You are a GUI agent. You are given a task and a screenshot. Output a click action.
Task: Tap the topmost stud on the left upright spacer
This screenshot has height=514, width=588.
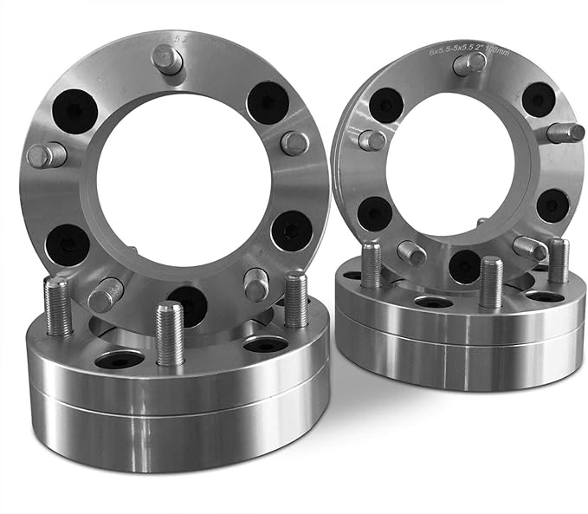(166, 59)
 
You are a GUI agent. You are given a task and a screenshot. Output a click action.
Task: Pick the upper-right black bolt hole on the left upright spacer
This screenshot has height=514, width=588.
(268, 103)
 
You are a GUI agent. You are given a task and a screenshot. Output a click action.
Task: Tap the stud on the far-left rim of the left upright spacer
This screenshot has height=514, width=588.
(46, 156)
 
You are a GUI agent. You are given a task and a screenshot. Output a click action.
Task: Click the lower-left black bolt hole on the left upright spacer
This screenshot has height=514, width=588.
(68, 244)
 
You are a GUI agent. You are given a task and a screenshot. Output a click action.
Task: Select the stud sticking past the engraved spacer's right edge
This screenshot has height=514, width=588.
(565, 133)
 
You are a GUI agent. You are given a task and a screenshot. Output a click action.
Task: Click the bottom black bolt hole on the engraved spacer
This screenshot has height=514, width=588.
(465, 266)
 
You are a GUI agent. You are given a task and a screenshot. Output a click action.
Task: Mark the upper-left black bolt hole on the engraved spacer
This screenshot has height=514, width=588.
(385, 105)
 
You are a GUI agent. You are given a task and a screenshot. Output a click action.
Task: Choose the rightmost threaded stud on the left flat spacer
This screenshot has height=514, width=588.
(295, 300)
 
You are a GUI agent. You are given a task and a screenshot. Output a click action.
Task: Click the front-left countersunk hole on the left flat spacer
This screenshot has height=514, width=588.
(120, 359)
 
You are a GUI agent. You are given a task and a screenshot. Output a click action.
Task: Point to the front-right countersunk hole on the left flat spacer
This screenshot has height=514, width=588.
(265, 344)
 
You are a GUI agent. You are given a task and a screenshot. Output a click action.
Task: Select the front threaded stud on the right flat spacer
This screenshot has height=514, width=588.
(490, 283)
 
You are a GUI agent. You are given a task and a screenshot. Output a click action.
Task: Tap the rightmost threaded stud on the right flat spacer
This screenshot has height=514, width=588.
(559, 261)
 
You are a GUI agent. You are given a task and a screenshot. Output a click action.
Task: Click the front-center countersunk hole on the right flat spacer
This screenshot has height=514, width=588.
(433, 302)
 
